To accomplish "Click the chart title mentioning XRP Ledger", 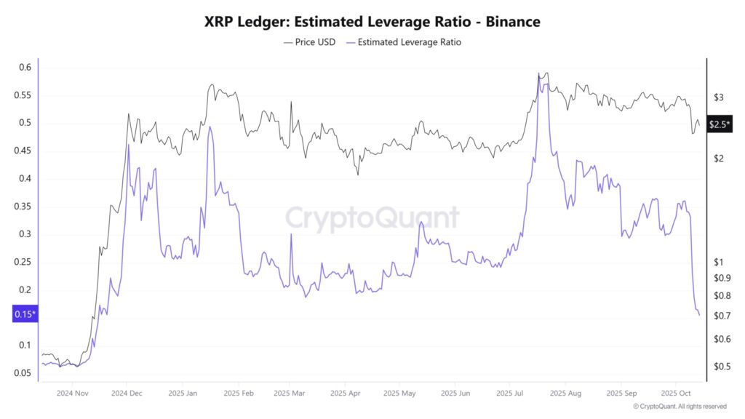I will [x=372, y=22].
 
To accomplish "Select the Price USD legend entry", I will [x=309, y=42].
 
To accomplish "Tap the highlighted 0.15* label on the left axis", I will [x=25, y=314].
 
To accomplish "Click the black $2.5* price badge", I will [x=720, y=124].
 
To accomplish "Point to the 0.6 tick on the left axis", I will [x=25, y=68].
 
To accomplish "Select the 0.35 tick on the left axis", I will [x=25, y=207].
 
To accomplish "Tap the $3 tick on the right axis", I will [x=719, y=97].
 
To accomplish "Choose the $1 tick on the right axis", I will [x=719, y=262].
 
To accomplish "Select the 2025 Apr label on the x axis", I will [x=346, y=394].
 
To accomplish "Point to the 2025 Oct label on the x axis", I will [x=676, y=394].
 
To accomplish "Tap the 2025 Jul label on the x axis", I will [x=510, y=394].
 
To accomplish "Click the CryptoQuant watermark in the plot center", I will [x=372, y=218].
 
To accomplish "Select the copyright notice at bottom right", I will [x=680, y=407].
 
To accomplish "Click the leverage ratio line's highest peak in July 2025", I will [x=539, y=76].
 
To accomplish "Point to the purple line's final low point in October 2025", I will [x=699, y=315].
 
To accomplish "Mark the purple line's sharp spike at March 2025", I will [x=291, y=234].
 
